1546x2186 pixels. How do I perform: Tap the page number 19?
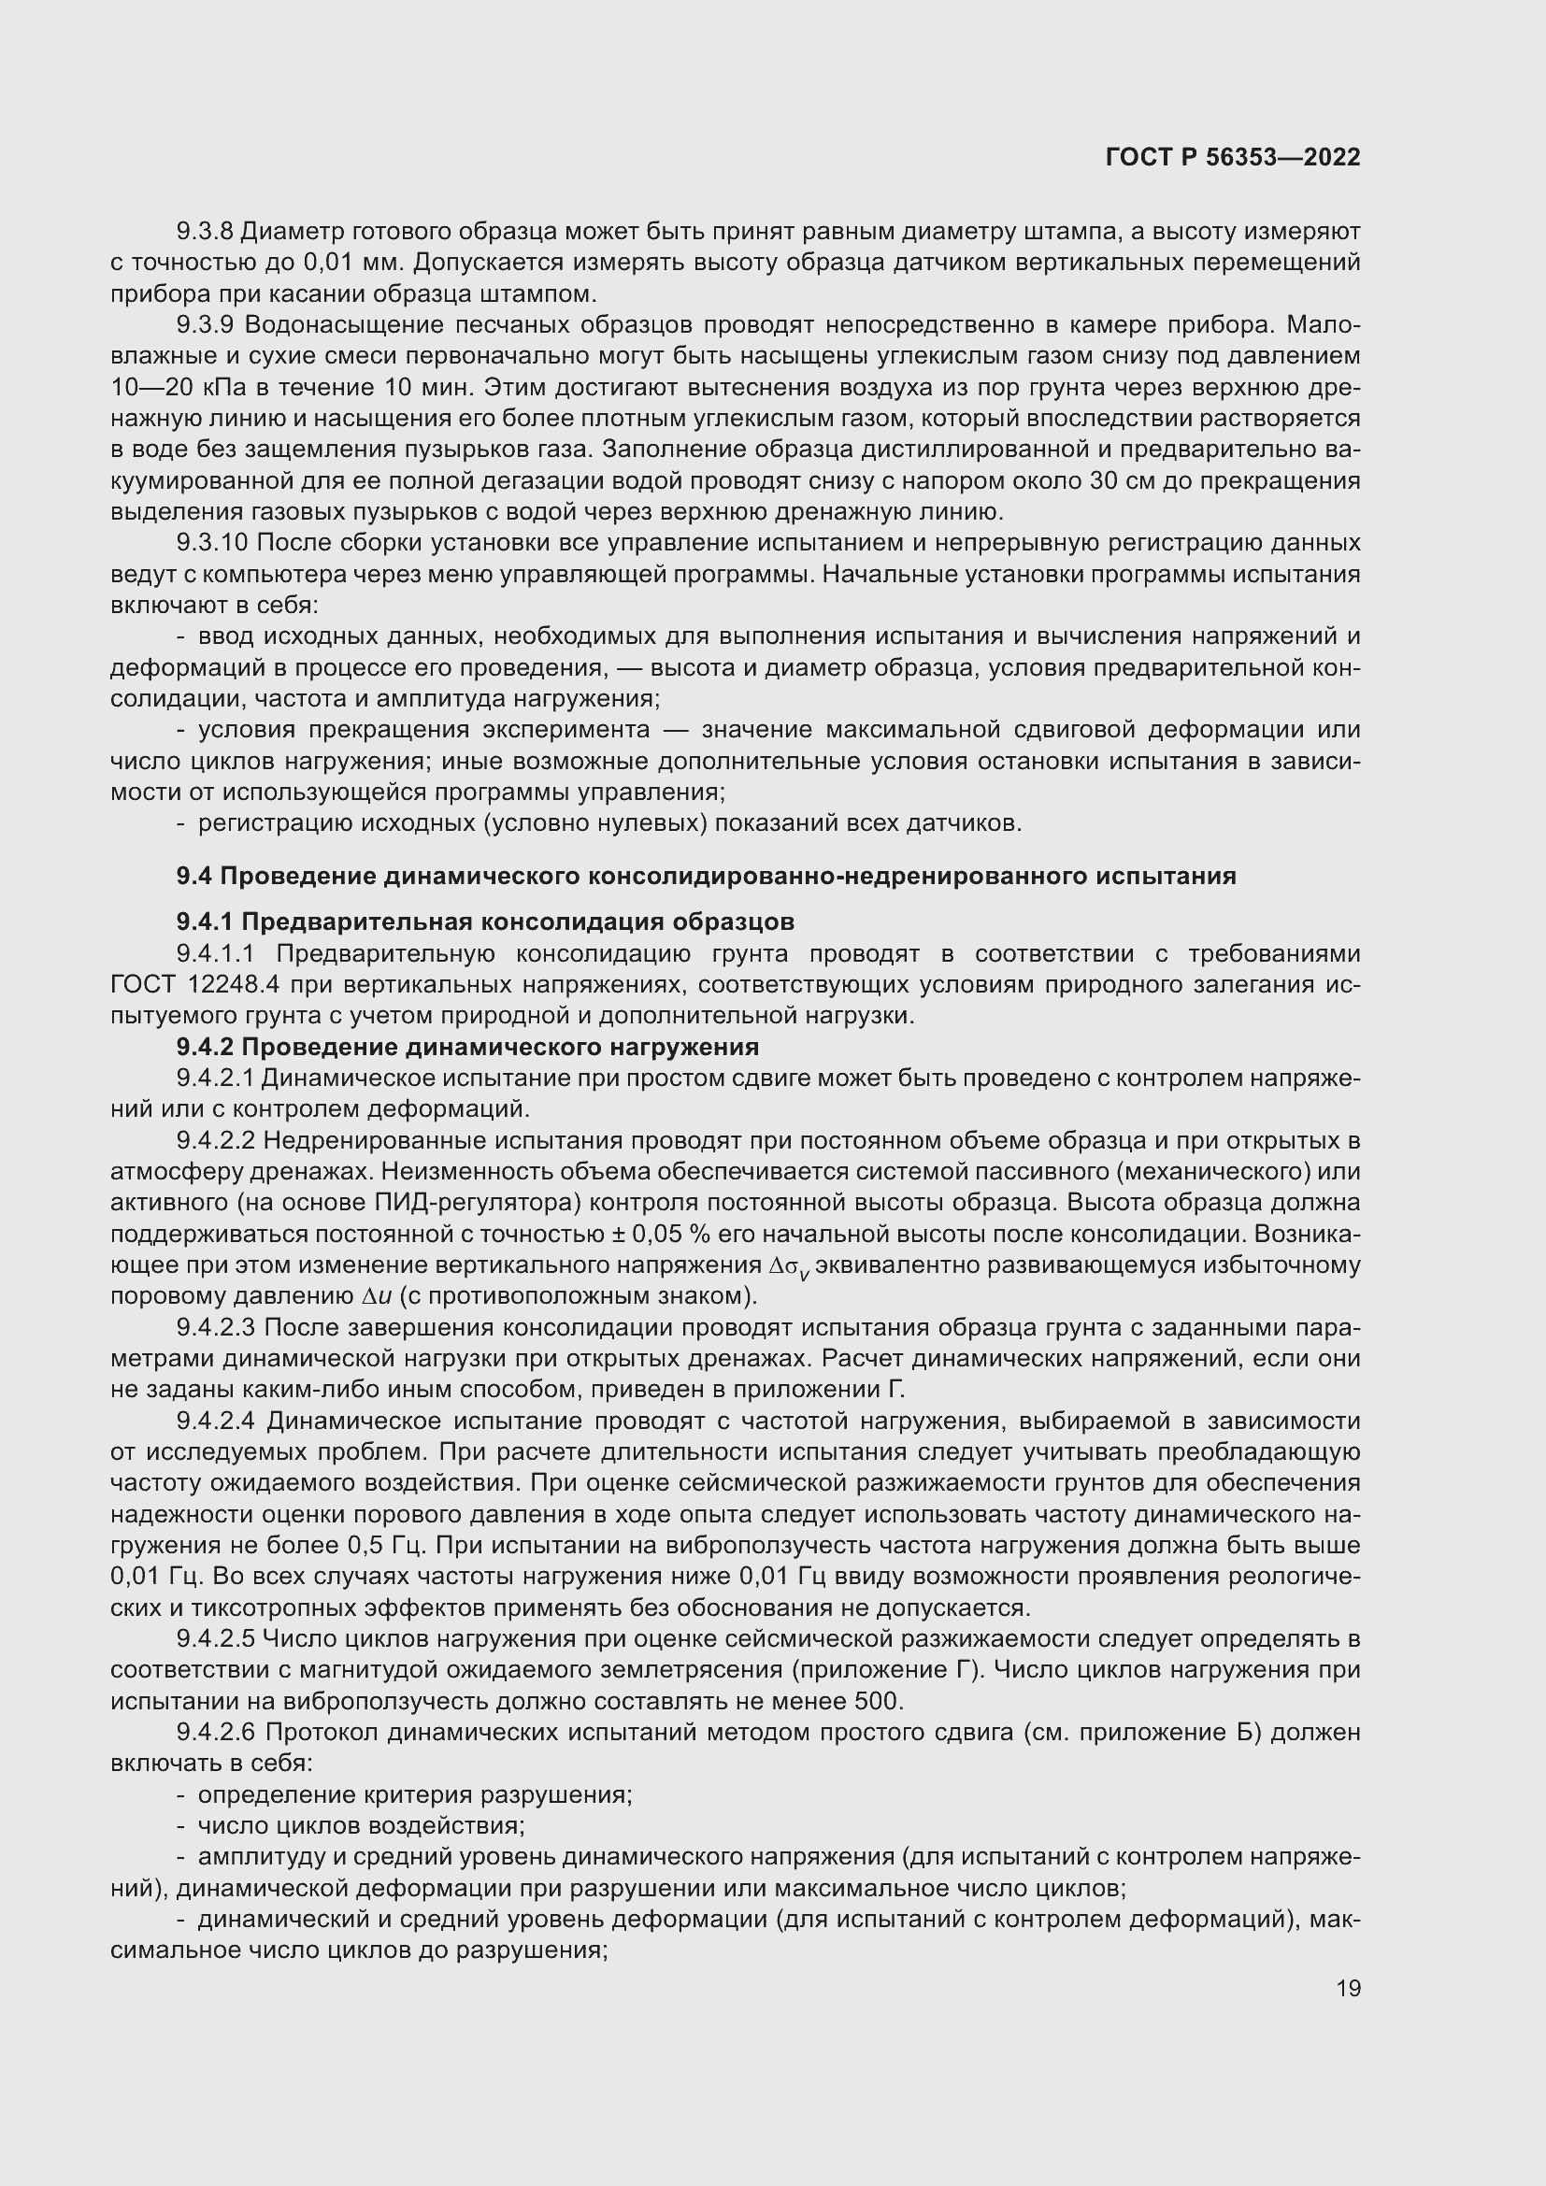click(x=1348, y=1988)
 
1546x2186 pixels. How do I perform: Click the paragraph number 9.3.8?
click(x=205, y=232)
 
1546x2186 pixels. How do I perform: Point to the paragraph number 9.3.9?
click(x=205, y=325)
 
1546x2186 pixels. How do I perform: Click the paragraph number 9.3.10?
click(x=211, y=544)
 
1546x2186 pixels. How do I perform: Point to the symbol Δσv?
click(x=789, y=1267)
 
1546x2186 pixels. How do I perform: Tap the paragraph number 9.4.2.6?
click(x=216, y=1733)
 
